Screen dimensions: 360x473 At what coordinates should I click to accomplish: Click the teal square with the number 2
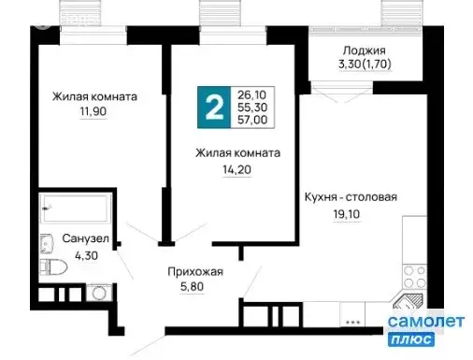click(213, 109)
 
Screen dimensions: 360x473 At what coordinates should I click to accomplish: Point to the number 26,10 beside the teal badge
click(252, 95)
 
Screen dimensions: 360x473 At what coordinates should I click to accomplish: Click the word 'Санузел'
click(86, 239)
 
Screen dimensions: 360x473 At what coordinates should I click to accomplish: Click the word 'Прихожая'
click(195, 272)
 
